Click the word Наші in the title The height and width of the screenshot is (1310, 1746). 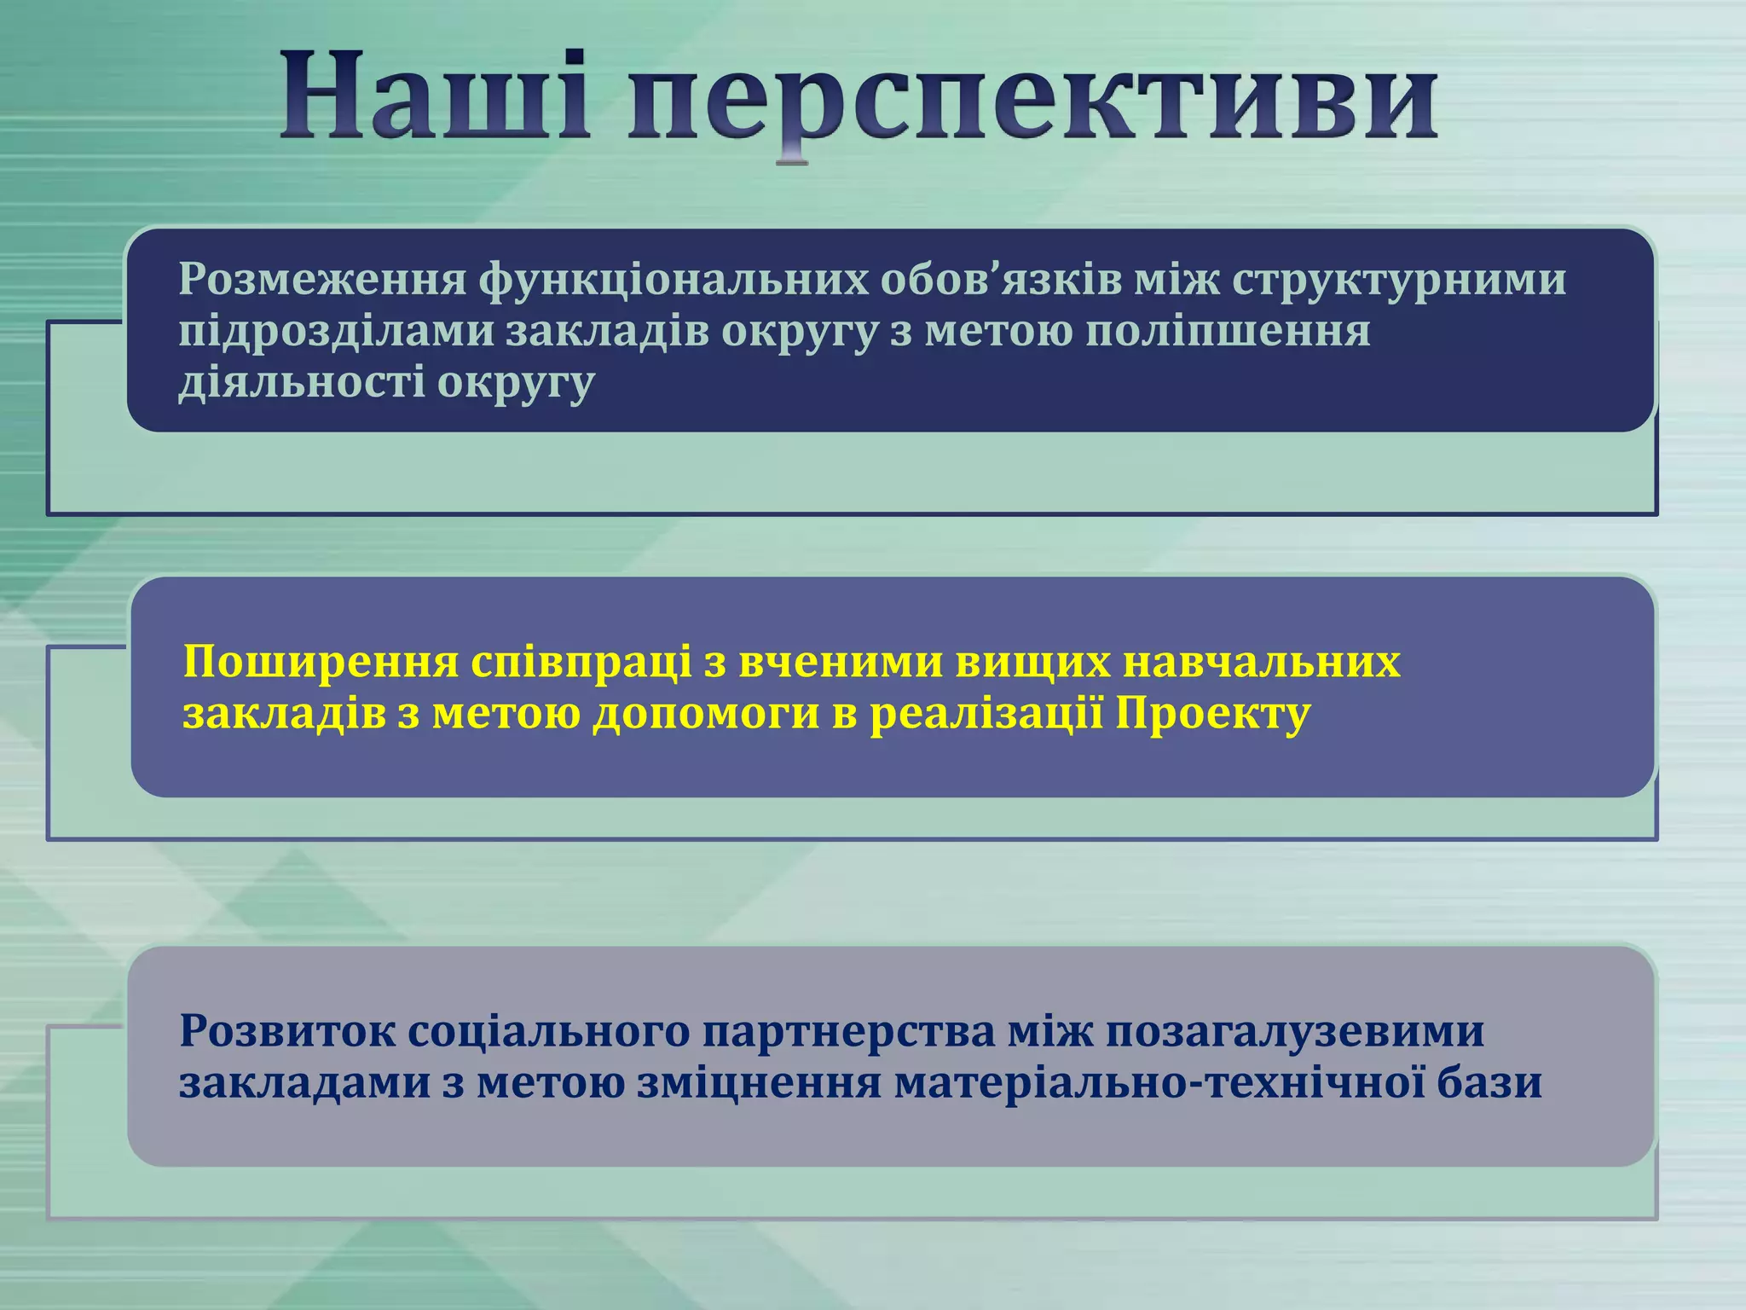point(435,98)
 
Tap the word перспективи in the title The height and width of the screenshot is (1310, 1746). point(1032,102)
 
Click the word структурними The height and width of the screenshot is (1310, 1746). point(1399,280)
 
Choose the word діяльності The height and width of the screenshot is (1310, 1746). point(302,382)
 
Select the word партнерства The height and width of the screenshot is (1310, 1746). point(848,1033)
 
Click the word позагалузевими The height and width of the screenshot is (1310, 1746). point(1296,1031)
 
